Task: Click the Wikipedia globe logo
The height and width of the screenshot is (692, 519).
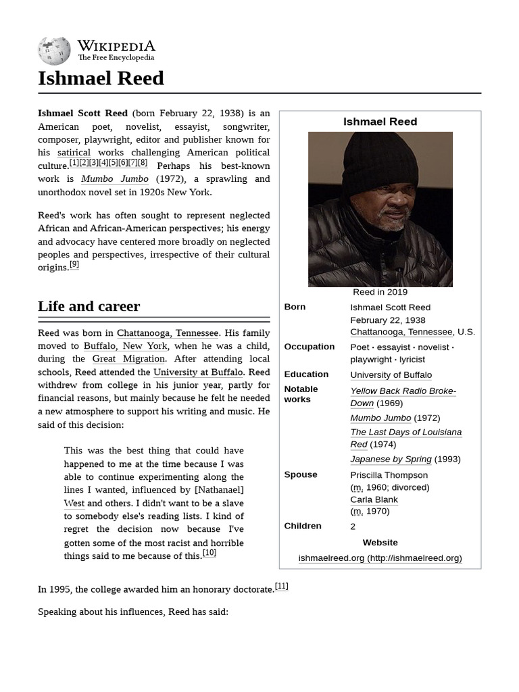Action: [54, 51]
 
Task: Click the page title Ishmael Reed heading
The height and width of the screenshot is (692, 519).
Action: [101, 78]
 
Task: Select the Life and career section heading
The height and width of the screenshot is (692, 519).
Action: [89, 306]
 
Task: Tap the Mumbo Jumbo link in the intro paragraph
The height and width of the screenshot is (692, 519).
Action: [114, 179]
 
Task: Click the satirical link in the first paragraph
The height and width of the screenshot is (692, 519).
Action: [74, 153]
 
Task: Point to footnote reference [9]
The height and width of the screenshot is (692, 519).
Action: [74, 265]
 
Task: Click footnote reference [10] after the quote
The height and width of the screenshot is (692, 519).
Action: [209, 553]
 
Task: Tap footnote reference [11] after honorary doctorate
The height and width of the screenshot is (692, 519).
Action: [281, 586]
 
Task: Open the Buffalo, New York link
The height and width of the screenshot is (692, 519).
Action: [126, 346]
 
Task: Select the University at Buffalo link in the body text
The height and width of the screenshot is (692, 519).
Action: [197, 372]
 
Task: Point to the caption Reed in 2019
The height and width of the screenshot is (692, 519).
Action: [380, 292]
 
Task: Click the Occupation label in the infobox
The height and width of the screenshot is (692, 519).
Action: [309, 347]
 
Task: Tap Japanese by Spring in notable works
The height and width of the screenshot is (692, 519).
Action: [391, 459]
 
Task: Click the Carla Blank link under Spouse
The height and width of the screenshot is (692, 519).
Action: [374, 499]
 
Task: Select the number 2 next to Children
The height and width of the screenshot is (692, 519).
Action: [353, 526]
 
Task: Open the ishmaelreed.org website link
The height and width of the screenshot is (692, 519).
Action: [380, 558]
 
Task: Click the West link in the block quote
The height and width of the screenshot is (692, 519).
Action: [74, 503]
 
